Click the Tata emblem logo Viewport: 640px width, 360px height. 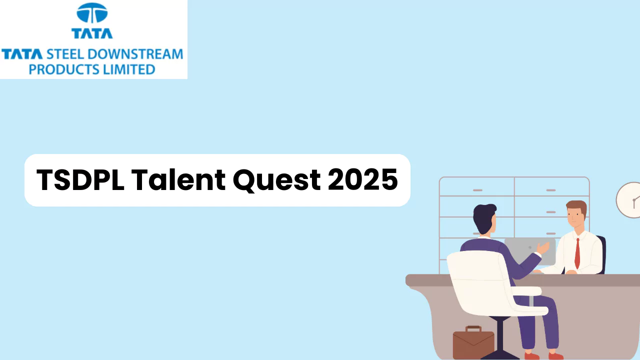pyautogui.click(x=92, y=14)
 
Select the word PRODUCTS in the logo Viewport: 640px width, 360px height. pyautogui.click(x=58, y=69)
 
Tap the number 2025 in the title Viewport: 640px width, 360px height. pyautogui.click(x=363, y=180)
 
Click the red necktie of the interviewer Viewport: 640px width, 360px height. pyautogui.click(x=577, y=253)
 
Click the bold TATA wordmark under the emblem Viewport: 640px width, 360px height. pyautogui.click(x=92, y=33)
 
